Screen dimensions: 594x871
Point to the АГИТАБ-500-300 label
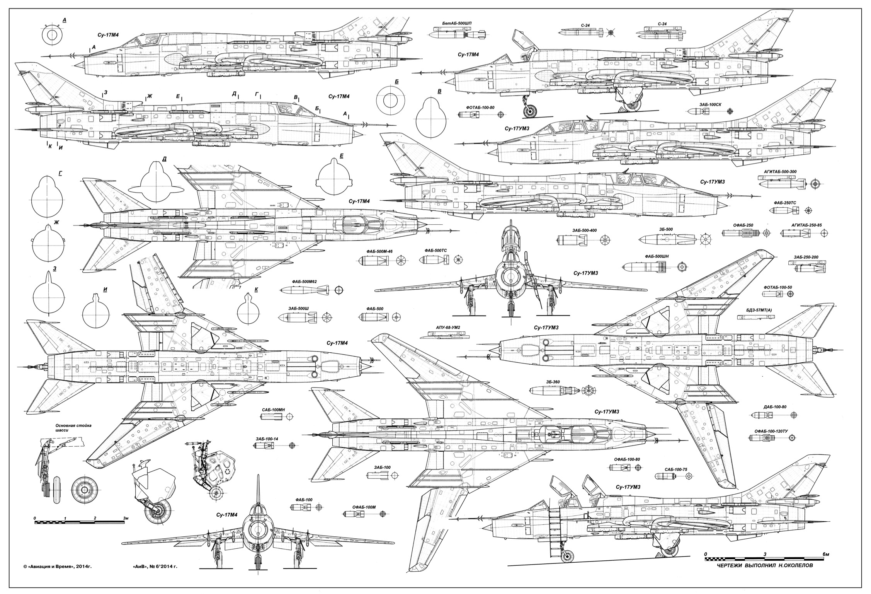click(x=780, y=171)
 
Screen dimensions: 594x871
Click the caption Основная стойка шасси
click(x=73, y=427)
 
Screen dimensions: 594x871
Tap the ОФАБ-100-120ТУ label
click(x=769, y=431)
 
